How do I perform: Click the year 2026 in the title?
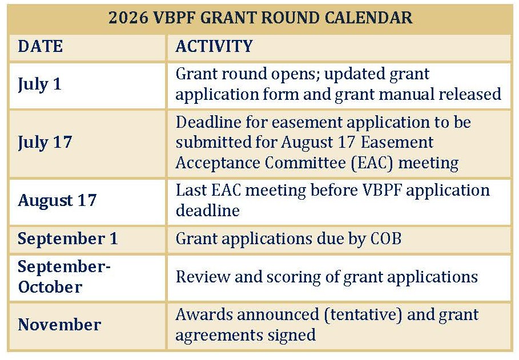pos(128,17)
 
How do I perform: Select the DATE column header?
pos(41,46)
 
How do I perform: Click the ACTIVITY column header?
pos(214,46)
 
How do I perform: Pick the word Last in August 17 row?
pos(190,191)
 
